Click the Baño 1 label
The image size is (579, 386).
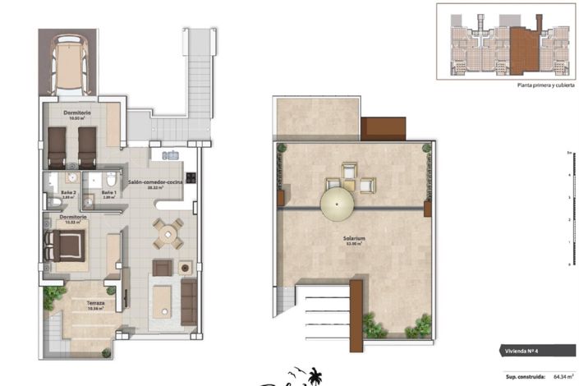pyautogui.click(x=109, y=194)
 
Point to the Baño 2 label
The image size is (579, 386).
pyautogui.click(x=68, y=194)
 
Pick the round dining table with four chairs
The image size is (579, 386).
pyautogui.click(x=168, y=234)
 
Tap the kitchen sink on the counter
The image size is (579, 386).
pyautogui.click(x=170, y=154)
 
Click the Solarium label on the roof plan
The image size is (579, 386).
pyautogui.click(x=355, y=240)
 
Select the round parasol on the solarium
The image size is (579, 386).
pyautogui.click(x=338, y=202)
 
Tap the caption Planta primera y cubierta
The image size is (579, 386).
pyautogui.click(x=543, y=85)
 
